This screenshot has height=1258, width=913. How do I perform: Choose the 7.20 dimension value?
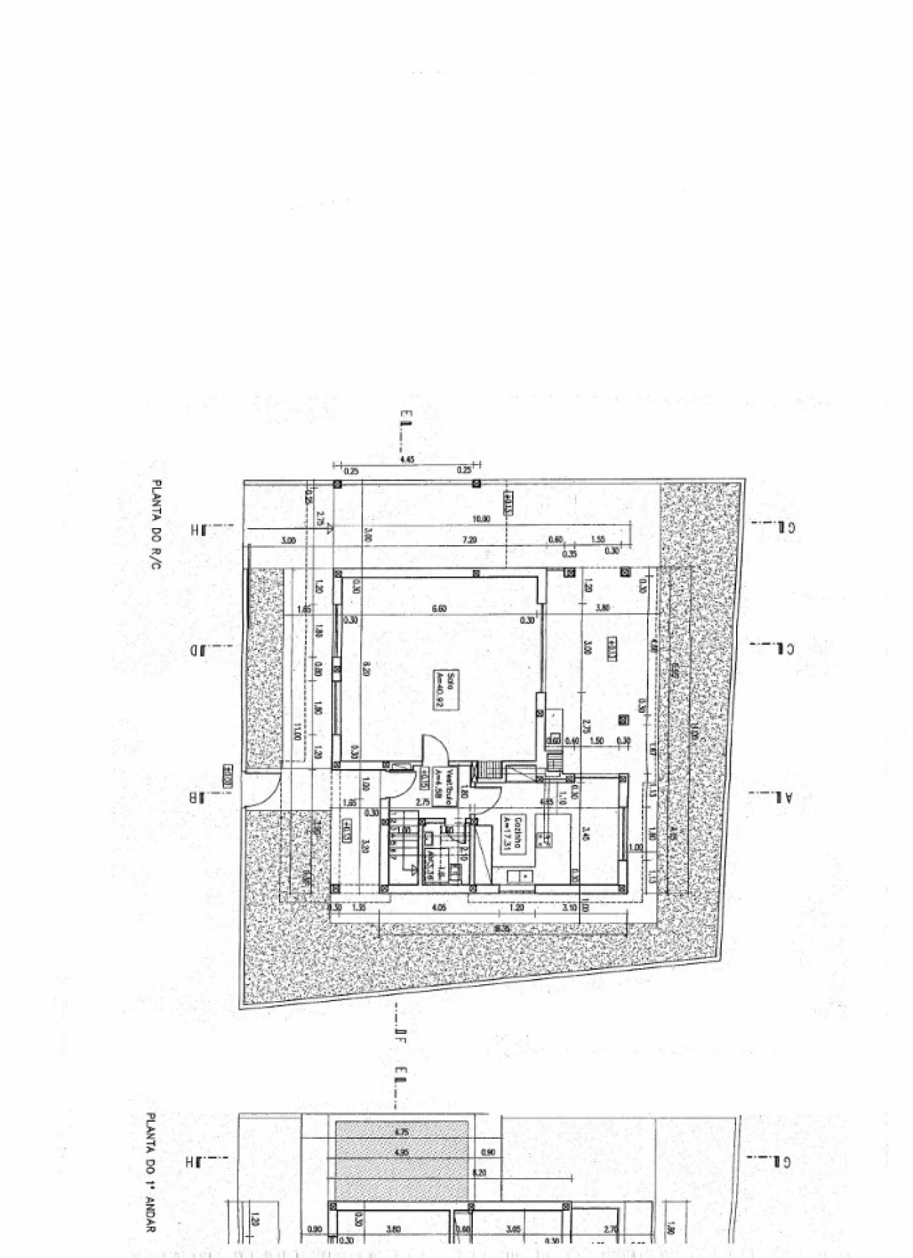pyautogui.click(x=469, y=541)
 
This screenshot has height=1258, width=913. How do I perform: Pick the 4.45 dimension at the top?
pyautogui.click(x=407, y=461)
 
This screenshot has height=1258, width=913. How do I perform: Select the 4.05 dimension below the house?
pyautogui.click(x=439, y=908)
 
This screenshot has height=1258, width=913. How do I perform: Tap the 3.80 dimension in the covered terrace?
pyautogui.click(x=603, y=608)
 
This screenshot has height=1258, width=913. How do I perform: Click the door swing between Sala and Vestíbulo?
pyautogui.click(x=434, y=751)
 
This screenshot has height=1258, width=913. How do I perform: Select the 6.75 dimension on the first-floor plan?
pyautogui.click(x=402, y=1132)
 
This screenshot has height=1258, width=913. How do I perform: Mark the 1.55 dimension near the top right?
pyautogui.click(x=598, y=540)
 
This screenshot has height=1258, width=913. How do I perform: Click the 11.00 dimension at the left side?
pyautogui.click(x=297, y=731)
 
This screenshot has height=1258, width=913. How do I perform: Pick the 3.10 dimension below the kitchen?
pyautogui.click(x=568, y=908)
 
